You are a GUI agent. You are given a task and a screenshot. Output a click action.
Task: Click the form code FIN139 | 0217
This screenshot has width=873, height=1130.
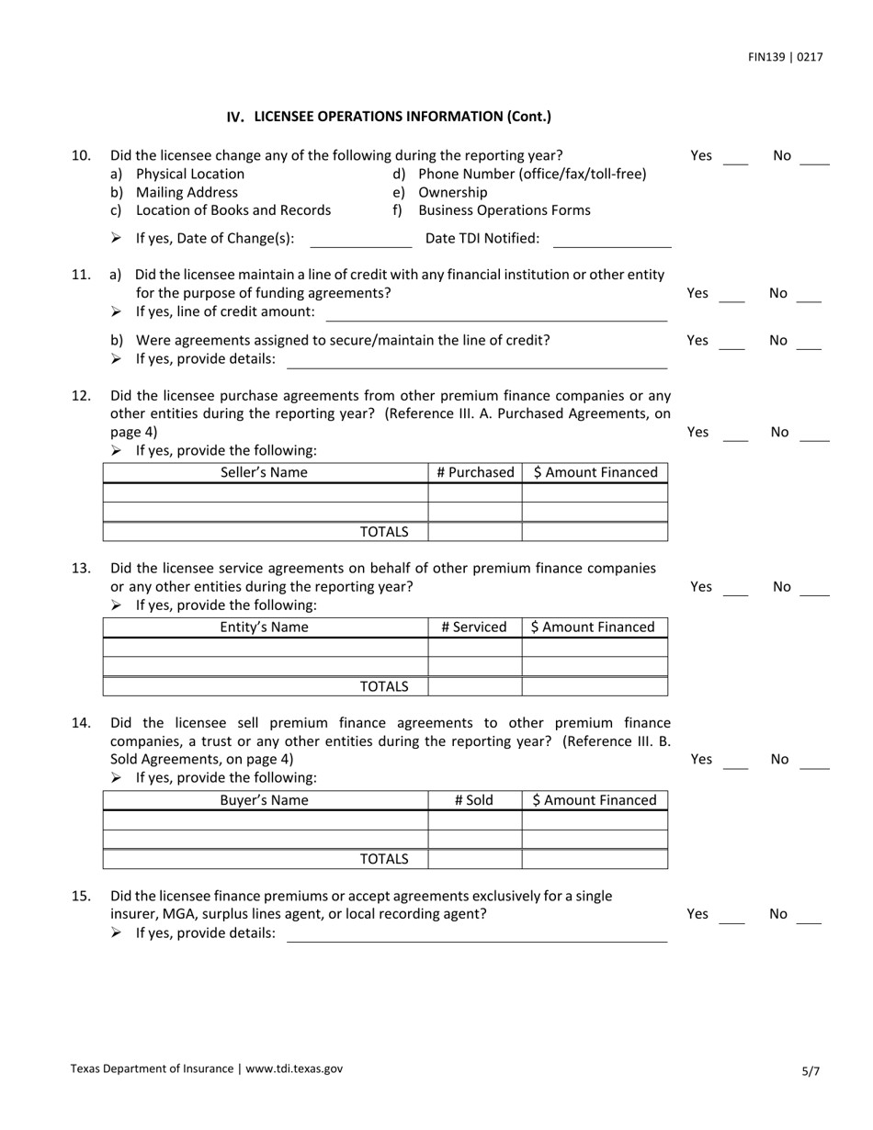[785, 57]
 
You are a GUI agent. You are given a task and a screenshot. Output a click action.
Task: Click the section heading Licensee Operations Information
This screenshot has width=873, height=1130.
[389, 117]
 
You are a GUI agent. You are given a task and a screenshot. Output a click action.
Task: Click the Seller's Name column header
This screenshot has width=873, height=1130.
[265, 473]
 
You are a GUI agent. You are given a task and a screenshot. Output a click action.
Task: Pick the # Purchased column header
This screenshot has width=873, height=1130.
[475, 473]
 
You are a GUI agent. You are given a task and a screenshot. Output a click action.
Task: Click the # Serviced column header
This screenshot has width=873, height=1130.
[474, 627]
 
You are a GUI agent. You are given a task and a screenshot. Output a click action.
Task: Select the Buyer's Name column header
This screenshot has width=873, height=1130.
[265, 800]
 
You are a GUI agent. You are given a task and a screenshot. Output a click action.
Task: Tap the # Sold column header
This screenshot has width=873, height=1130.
[474, 800]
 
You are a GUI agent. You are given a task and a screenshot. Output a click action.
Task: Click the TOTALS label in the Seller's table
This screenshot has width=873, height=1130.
[384, 531]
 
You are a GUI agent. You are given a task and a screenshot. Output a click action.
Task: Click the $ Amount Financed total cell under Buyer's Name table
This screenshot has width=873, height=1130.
[595, 860]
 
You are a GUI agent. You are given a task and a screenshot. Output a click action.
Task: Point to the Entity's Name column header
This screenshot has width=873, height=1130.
[265, 627]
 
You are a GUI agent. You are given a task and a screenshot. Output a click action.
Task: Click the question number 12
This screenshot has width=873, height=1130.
[81, 396]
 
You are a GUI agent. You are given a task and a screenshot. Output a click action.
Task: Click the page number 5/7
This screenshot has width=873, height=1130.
[810, 1070]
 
